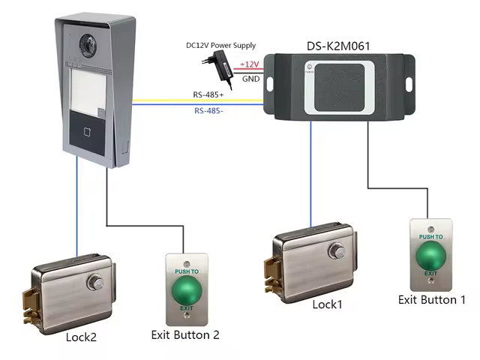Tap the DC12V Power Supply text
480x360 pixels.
click(221, 46)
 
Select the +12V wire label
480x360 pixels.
click(249, 65)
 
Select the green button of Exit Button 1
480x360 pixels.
click(430, 256)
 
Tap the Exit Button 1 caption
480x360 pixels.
click(431, 299)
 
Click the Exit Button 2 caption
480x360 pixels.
click(184, 334)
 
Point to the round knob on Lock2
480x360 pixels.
click(94, 283)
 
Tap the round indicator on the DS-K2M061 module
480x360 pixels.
click(307, 67)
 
